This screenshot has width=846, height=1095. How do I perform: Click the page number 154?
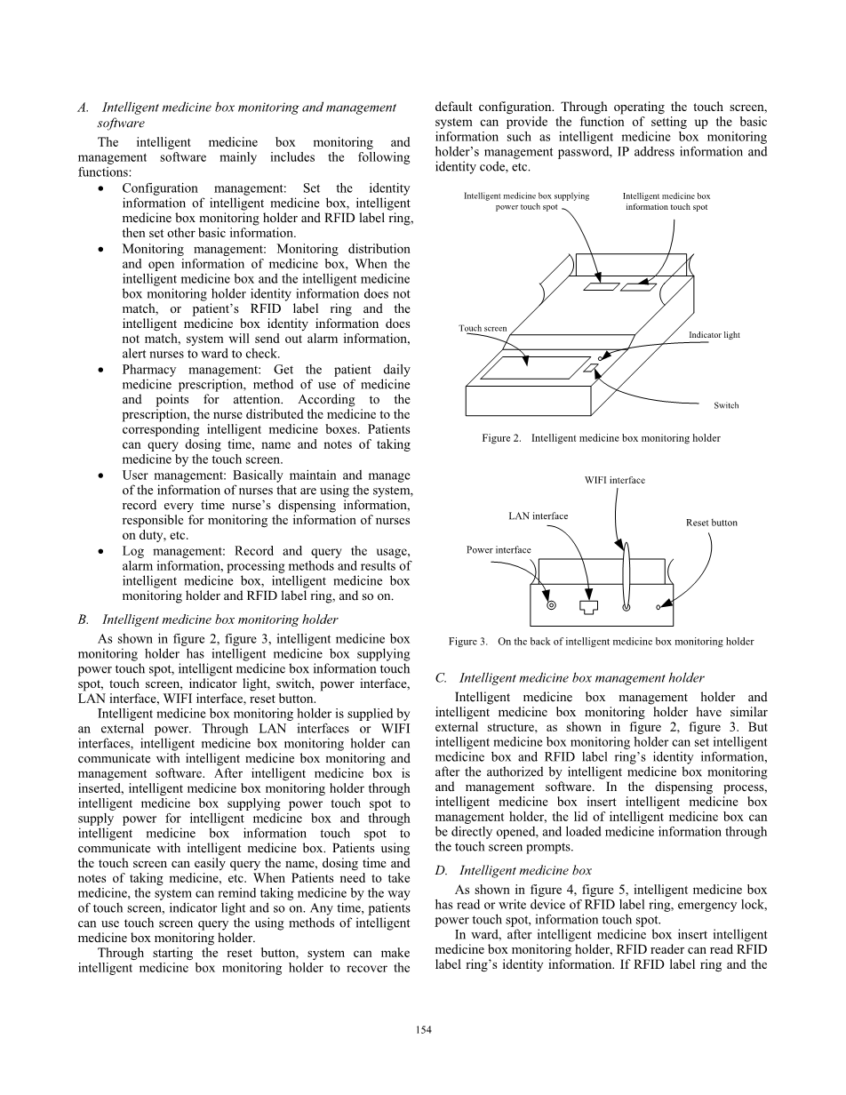point(423,1030)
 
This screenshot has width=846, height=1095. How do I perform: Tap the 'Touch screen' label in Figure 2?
point(483,328)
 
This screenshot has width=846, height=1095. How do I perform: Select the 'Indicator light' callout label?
point(714,335)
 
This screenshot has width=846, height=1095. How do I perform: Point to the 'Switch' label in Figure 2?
point(726,405)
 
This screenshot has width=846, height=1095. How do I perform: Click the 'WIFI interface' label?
point(615,480)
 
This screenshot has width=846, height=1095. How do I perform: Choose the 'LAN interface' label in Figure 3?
point(538,516)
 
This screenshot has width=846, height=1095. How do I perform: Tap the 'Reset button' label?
point(711,523)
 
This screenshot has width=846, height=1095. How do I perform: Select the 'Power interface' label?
point(499,549)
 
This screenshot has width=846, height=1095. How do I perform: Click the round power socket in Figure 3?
point(551,607)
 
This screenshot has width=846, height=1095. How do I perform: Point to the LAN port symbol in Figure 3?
point(587,607)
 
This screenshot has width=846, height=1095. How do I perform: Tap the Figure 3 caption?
point(601,641)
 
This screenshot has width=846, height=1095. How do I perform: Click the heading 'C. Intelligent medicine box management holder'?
point(570,678)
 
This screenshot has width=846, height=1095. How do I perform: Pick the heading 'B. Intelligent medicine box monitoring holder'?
point(208,619)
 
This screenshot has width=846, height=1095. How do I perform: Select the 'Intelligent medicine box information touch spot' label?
point(666,202)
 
